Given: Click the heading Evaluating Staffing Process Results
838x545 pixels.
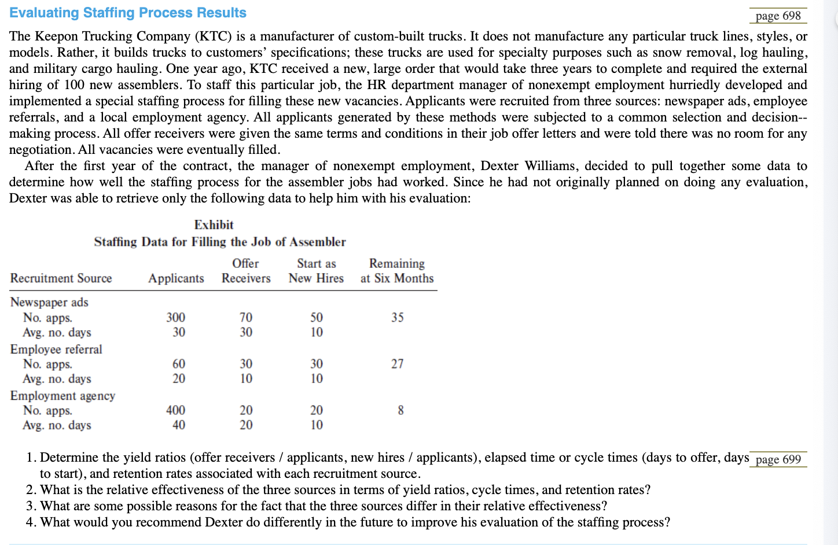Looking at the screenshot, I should click(128, 13).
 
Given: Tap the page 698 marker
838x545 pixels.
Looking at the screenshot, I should click(778, 16).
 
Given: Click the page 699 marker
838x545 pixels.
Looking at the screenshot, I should click(778, 459).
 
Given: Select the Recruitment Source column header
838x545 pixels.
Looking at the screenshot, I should click(61, 278).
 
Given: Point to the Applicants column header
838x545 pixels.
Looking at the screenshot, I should click(176, 278).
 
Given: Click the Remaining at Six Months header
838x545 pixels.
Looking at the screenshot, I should click(397, 271).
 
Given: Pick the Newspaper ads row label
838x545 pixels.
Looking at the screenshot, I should click(49, 302).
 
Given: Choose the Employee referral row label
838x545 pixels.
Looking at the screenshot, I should click(56, 349).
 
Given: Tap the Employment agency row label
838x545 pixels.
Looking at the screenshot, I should click(63, 396).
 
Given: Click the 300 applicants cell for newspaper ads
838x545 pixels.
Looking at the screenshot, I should click(176, 317).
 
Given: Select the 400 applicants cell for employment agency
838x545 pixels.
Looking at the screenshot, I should click(176, 410).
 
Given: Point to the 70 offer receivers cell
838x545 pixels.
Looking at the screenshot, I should click(246, 317).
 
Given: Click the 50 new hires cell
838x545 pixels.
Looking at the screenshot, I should click(317, 317).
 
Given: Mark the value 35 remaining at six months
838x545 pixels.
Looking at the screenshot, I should click(397, 317).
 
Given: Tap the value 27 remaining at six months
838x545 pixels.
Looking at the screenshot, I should click(397, 364).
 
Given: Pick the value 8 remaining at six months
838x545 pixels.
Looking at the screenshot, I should click(400, 410).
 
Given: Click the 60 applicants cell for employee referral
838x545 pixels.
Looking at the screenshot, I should click(179, 364).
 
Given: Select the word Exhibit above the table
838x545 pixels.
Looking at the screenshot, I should click(214, 224).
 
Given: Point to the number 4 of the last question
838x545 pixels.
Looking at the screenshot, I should click(30, 522).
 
